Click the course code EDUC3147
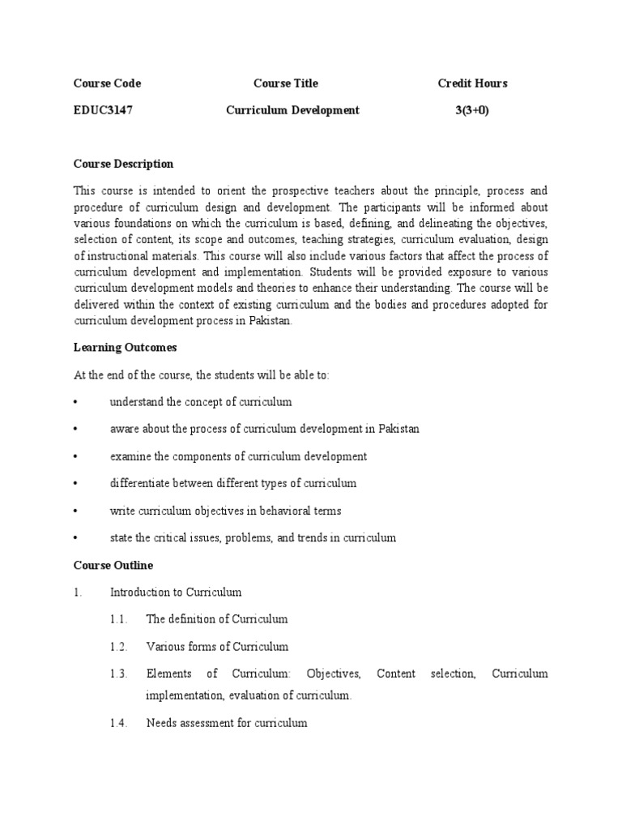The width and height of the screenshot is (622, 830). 104,110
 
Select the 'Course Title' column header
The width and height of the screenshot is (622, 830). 285,83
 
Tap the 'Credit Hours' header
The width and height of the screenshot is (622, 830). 472,83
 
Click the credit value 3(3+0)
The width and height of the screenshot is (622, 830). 472,110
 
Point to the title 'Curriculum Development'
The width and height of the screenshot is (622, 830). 292,110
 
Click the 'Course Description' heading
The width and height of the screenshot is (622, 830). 123,164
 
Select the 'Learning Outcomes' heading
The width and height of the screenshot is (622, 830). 125,348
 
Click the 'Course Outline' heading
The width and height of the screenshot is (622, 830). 113,565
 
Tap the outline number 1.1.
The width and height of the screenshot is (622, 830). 119,619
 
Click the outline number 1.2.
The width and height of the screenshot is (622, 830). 119,647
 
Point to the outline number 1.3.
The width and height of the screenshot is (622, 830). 119,674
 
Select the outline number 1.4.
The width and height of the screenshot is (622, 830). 119,723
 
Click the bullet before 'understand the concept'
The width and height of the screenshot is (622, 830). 75,403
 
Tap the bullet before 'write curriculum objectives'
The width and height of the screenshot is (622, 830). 75,511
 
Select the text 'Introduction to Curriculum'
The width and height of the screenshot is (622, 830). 176,593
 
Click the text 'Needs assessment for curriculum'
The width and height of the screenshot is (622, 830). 226,723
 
